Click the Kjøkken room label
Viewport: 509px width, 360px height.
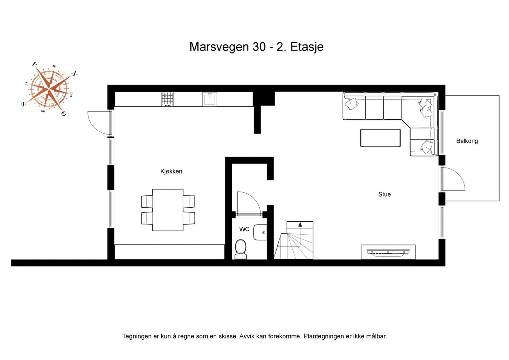(171, 171)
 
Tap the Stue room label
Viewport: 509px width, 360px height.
(384, 194)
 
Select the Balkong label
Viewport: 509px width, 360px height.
(467, 141)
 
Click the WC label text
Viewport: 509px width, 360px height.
(244, 229)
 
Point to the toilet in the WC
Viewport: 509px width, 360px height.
(241, 249)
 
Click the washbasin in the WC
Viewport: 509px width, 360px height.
(260, 232)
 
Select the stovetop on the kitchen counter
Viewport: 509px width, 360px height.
(167, 99)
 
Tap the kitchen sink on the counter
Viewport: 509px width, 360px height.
(210, 99)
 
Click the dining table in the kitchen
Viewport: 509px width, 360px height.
(168, 210)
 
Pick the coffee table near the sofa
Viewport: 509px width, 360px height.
(380, 138)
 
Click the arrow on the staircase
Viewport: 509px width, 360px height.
(300, 225)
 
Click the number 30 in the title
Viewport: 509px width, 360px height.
(259, 47)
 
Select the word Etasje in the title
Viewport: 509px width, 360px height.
(307, 47)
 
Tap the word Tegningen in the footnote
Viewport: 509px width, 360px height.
(137, 336)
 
